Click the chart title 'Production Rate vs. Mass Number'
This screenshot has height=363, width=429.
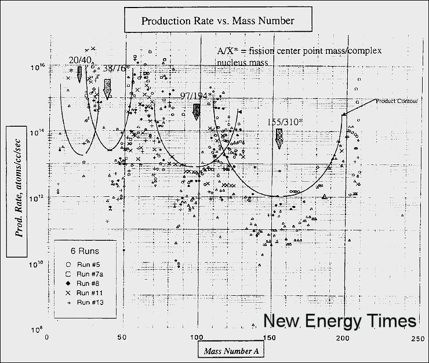pos(218,21)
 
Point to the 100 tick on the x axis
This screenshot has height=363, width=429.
pos(198,338)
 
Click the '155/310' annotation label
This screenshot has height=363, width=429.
pos(278,123)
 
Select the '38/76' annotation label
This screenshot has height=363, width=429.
pos(115,69)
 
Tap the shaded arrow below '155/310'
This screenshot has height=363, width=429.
pos(279,138)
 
